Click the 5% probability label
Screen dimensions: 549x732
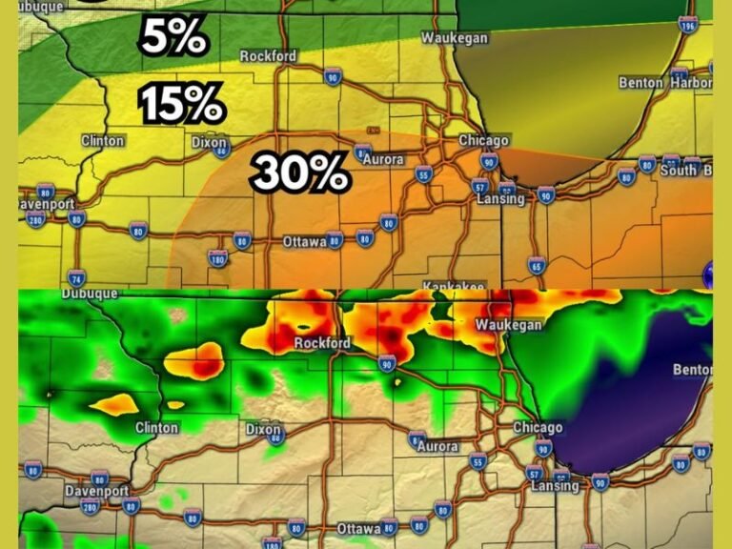point(173,37)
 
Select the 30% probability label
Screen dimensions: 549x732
point(299,173)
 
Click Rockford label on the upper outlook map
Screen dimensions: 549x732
point(268,56)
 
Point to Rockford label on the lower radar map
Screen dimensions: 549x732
point(323,343)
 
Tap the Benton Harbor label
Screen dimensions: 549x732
point(664,83)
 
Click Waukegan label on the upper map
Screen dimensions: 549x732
point(456,38)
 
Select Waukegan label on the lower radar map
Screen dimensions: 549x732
point(509,325)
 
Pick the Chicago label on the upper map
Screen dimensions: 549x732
point(483,140)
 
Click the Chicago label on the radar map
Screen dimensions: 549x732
point(538,428)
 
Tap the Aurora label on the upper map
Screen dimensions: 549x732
point(382,159)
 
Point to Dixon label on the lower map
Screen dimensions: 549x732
point(263,430)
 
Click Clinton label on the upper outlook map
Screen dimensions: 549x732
point(103,141)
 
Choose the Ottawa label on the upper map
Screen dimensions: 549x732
point(305,242)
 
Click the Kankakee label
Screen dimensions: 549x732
point(454,286)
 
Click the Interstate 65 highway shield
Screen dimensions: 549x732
point(537,266)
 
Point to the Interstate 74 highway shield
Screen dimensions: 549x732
point(77,278)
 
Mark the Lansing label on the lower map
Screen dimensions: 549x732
point(555,486)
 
